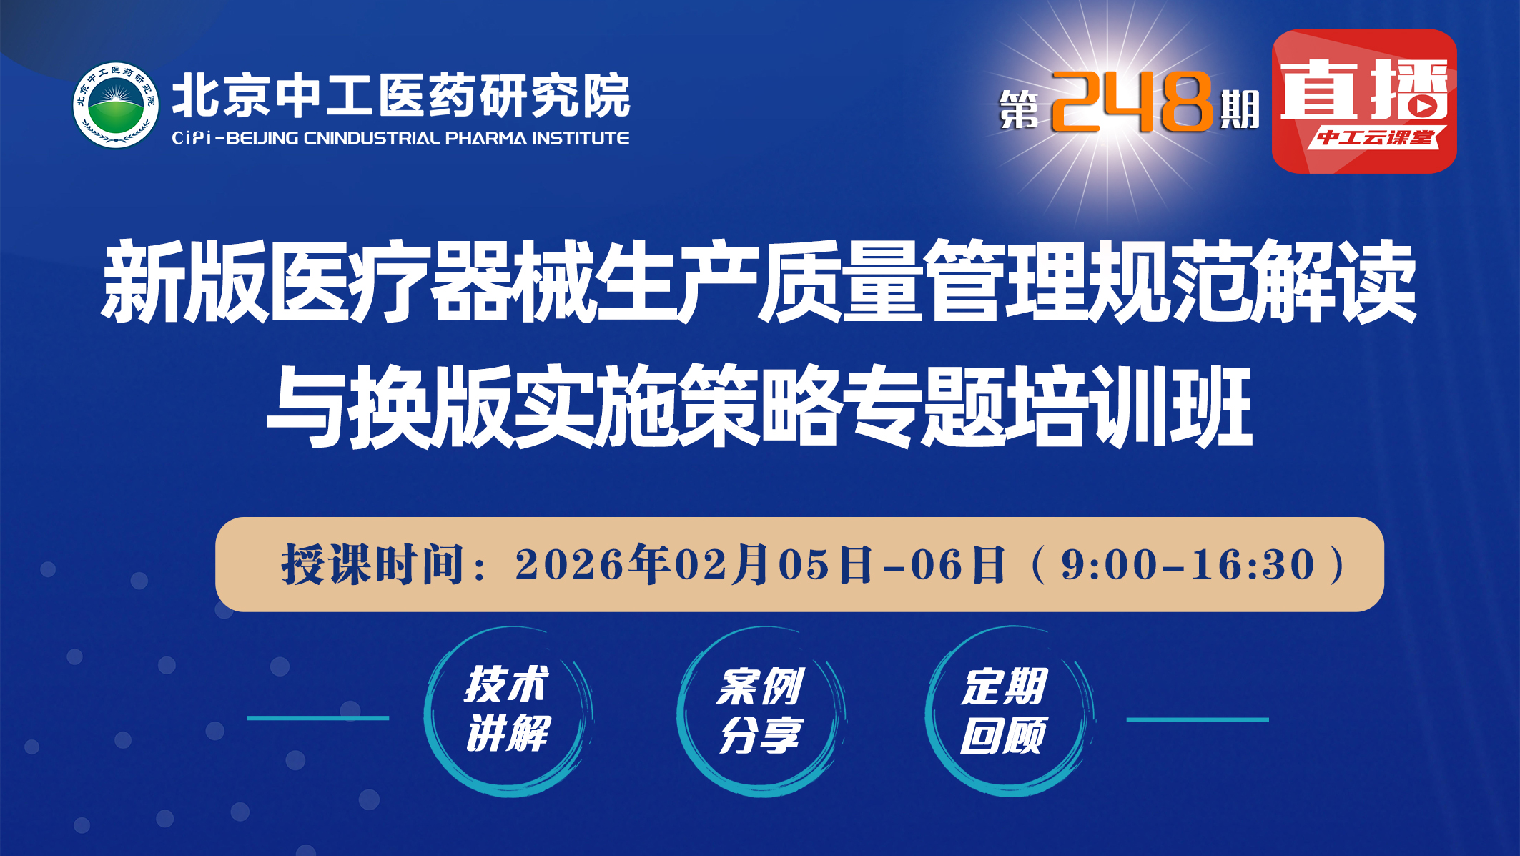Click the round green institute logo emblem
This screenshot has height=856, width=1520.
pyautogui.click(x=116, y=105)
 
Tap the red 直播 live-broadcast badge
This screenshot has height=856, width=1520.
pyautogui.click(x=1364, y=101)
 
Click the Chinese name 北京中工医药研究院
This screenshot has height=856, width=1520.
pyautogui.click(x=401, y=95)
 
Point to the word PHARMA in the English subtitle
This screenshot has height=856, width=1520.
pyautogui.click(x=485, y=138)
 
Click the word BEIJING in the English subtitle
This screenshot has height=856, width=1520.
pyautogui.click(x=262, y=138)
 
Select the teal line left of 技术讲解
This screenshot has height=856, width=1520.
pyautogui.click(x=318, y=718)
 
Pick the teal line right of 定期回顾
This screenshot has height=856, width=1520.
pyautogui.click(x=1198, y=719)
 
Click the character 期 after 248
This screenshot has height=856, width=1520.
pyautogui.click(x=1239, y=110)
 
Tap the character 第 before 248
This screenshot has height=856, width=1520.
pyautogui.click(x=1020, y=110)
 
